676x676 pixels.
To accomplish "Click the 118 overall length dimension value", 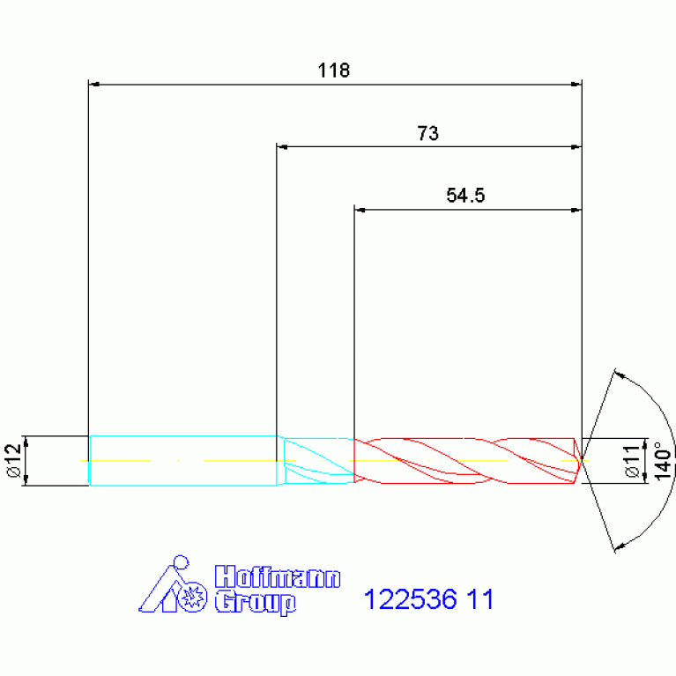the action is point(334,71).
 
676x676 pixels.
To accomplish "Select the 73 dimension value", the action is point(427,133).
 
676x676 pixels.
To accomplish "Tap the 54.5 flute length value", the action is point(465,196).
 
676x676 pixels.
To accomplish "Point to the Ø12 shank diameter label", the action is point(14,460).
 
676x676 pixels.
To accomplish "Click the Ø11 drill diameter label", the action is point(633,461).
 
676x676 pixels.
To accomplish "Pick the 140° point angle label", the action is point(663,460).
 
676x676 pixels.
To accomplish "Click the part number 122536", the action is point(410,598).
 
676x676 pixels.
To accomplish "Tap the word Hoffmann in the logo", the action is point(278,576).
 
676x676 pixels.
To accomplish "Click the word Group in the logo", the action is point(256,602).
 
